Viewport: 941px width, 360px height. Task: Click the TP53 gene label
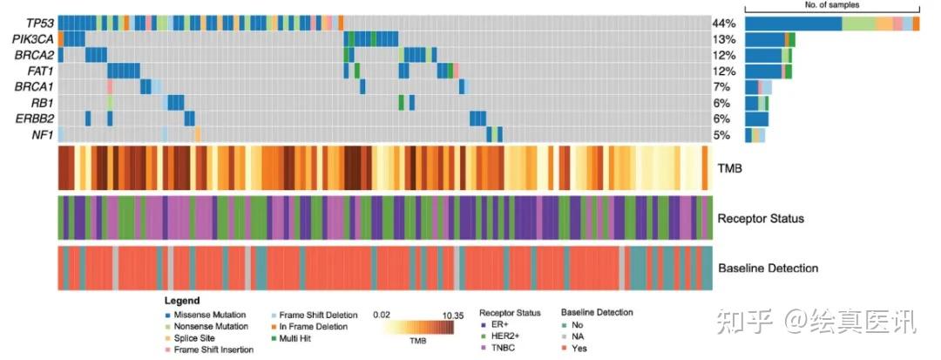39,23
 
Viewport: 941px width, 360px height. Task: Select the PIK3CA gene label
34,39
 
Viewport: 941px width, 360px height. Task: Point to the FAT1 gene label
40,71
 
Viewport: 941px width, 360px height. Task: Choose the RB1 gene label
43,102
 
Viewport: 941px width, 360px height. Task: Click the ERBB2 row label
37,118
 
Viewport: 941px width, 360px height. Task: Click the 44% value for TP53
724,24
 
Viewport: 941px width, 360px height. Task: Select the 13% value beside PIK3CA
724,39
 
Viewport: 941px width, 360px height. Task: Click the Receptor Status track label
761,218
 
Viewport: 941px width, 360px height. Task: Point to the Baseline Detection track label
768,268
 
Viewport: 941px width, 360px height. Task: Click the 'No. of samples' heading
832,5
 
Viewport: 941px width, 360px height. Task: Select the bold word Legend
182,300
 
